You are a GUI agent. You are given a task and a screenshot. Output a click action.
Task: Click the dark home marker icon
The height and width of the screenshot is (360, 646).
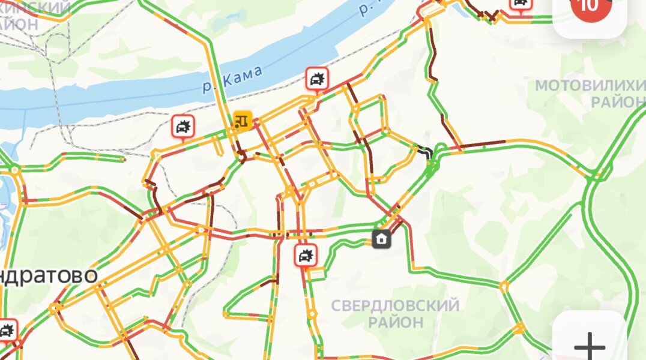(381, 239)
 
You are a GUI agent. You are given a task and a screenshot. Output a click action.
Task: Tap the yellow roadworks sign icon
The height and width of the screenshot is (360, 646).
(243, 119)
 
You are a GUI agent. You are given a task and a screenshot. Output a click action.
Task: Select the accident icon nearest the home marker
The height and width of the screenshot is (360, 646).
(306, 256)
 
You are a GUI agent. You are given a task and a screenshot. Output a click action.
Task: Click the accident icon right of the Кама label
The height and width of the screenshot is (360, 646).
(316, 79)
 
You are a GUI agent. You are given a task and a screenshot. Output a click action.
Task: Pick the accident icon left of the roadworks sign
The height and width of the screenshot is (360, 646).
(183, 127)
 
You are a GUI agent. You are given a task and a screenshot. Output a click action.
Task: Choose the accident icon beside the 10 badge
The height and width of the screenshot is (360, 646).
(521, 4)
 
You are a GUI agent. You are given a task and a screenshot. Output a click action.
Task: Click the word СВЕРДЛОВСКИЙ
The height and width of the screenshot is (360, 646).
(395, 305)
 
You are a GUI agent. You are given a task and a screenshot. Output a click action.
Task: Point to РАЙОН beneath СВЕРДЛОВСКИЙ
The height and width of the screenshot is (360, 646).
(395, 322)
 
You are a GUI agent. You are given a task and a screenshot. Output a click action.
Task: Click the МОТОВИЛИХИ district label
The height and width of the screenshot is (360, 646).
(590, 85)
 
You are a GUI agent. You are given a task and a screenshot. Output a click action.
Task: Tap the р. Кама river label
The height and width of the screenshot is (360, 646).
(233, 80)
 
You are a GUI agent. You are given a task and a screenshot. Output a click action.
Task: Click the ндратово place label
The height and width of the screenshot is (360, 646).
(48, 275)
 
